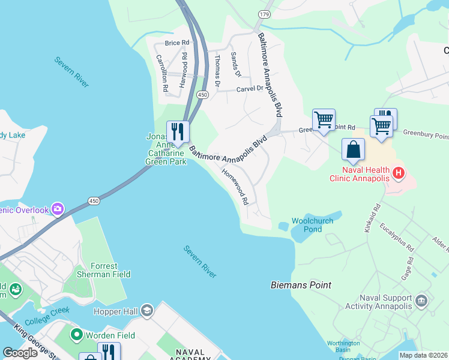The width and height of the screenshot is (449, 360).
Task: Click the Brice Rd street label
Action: pos(177,43)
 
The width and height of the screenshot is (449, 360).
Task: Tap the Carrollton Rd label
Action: pos(161,73)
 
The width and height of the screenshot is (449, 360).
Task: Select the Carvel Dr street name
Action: pos(249,88)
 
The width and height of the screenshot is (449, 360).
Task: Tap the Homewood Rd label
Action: pos(235,187)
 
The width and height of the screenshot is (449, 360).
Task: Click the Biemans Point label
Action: pos(301,285)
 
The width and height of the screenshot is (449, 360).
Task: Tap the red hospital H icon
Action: pos(397,173)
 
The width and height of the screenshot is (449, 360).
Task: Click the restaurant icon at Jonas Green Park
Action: pos(178,131)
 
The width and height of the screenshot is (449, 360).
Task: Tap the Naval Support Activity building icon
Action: pos(421,300)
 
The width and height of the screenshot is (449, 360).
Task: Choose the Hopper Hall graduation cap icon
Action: pos(147,311)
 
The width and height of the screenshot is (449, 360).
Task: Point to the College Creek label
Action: pos(48,314)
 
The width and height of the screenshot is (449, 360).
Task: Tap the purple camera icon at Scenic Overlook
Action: pos(58,209)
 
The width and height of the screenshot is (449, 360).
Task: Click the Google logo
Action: pos(20,353)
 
